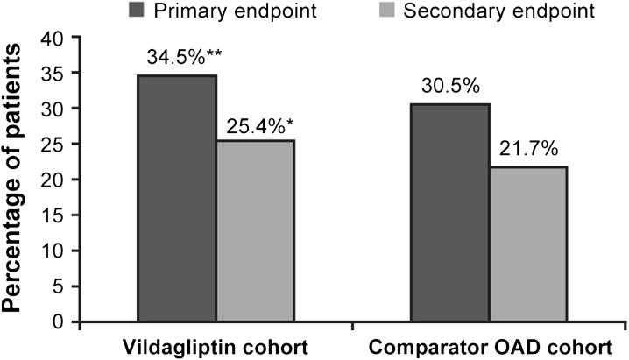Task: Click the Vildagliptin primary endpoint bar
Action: pos(178,198)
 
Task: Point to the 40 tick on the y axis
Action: pos(55,38)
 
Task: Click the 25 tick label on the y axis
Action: pos(55,145)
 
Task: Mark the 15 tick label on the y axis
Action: pos(55,215)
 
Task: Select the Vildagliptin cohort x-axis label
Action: pos(216,346)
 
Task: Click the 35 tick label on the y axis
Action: pos(55,74)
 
